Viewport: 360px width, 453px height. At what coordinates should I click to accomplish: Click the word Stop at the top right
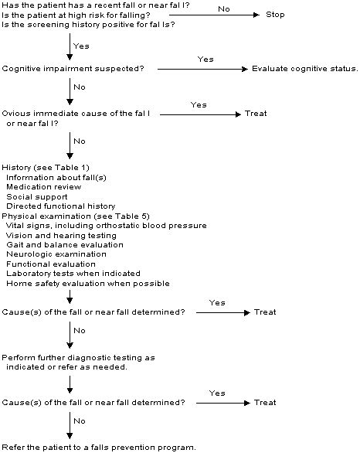tap(276, 15)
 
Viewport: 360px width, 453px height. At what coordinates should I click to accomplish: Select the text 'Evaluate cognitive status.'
tap(305, 69)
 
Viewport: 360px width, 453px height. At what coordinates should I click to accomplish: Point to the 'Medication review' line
tap(44, 186)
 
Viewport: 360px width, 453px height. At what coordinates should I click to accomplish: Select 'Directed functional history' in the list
tap(60, 206)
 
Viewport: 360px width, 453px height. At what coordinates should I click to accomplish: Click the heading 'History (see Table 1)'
tap(46, 167)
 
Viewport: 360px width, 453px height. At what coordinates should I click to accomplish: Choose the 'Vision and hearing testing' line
tap(61, 235)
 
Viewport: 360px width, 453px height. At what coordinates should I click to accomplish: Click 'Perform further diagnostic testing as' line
tap(79, 358)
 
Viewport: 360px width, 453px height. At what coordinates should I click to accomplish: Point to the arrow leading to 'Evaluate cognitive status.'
tap(202, 69)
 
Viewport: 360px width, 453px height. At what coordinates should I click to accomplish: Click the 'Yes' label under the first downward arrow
tap(80, 46)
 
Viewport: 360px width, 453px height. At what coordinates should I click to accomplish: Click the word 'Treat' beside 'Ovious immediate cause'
tap(256, 114)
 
